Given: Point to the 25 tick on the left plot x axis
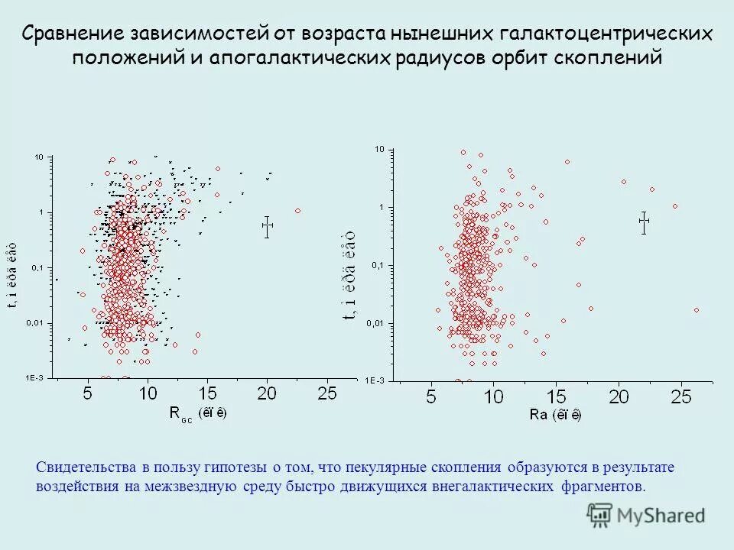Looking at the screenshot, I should tap(327, 393).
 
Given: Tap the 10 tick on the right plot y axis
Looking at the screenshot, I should tap(378, 150).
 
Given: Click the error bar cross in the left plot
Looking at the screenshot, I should tap(267, 226).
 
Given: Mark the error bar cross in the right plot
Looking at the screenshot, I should tap(644, 222).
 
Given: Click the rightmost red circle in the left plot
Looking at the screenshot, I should tap(297, 211).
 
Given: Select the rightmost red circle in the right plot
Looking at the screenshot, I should tap(696, 310).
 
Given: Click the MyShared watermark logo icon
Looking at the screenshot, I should tap(600, 514).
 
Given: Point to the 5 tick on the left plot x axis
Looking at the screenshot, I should tap(87, 393).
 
